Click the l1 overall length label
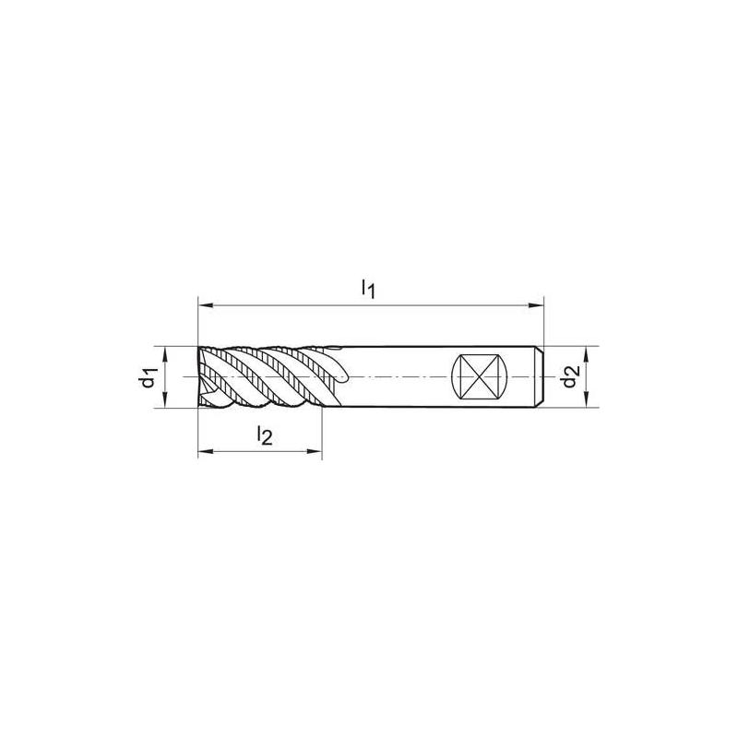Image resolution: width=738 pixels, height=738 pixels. point(367,287)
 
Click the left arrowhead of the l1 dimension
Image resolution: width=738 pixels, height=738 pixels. point(204,303)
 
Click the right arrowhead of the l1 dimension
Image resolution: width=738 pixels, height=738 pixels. point(537,303)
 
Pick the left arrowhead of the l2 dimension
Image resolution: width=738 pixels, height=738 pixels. point(204,452)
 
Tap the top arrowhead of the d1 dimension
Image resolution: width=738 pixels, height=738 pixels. point(164,351)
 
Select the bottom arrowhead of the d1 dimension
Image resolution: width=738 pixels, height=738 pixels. point(164,402)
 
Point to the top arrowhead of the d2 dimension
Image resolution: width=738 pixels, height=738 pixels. point(587,351)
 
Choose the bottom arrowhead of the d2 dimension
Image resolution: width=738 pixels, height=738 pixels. point(587,402)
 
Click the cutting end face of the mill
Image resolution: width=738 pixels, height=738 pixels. point(201,377)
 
